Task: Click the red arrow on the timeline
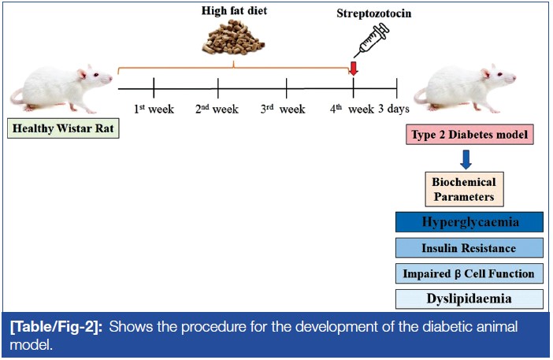354,69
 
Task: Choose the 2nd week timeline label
217,109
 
